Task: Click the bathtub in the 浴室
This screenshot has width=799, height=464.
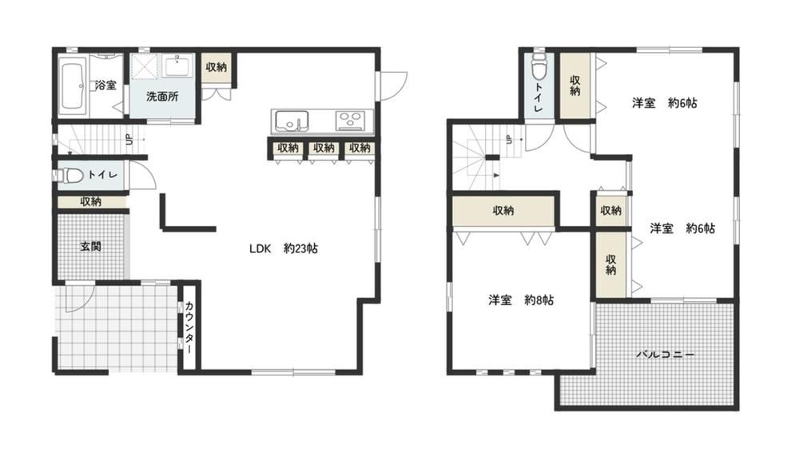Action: click(x=71, y=85)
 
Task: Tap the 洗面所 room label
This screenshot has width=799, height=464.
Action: click(x=162, y=97)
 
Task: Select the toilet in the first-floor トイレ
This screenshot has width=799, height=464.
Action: click(x=70, y=176)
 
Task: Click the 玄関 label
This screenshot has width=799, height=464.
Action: click(x=91, y=247)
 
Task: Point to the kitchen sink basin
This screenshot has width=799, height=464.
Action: click(x=292, y=121)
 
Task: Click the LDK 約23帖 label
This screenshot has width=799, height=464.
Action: click(x=284, y=248)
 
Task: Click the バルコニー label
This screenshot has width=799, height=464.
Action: click(x=665, y=355)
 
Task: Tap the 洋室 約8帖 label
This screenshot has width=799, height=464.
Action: click(x=521, y=300)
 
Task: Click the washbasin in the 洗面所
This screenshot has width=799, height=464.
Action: click(x=177, y=67)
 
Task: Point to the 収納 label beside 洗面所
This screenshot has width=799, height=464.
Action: click(x=216, y=67)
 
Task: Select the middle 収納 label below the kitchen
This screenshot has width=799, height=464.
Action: click(x=324, y=148)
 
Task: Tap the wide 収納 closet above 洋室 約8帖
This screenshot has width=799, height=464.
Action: click(x=503, y=210)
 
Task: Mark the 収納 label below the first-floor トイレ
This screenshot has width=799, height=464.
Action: click(x=91, y=202)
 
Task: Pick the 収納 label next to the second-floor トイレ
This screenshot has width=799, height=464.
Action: click(x=575, y=85)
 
